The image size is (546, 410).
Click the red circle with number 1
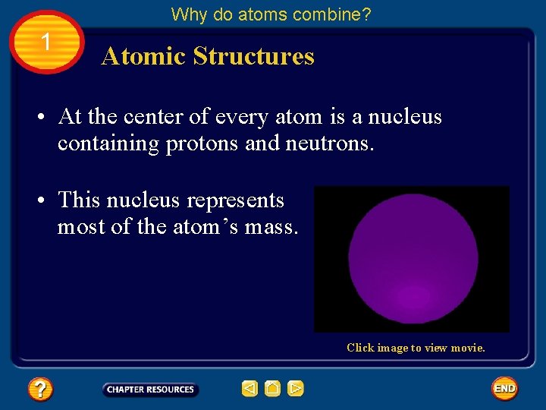click(x=47, y=43)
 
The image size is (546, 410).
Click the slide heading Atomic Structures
click(x=208, y=56)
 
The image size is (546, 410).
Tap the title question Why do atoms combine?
click(x=271, y=14)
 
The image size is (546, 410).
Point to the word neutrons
click(x=332, y=143)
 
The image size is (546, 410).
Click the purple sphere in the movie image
click(x=413, y=259)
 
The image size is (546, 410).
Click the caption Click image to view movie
click(x=416, y=348)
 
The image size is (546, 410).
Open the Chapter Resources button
click(x=150, y=389)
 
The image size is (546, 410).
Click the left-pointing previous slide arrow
click(x=249, y=389)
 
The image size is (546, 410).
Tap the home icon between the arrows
click(x=272, y=389)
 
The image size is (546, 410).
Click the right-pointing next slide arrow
click(x=296, y=389)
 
